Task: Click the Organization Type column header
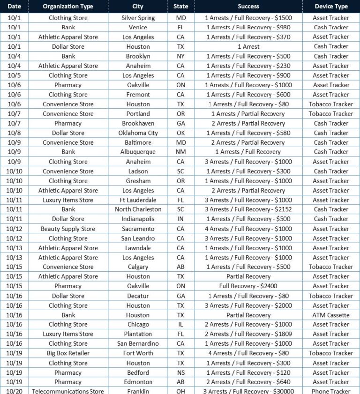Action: pyautogui.click(x=68, y=7)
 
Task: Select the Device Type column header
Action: pyautogui.click(x=331, y=7)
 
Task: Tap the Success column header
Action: pyautogui.click(x=248, y=7)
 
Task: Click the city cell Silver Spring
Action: pyautogui.click(x=138, y=18)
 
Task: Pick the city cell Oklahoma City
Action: pyautogui.click(x=138, y=133)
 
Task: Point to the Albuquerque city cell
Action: pyautogui.click(x=138, y=152)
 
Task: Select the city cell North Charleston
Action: pyautogui.click(x=138, y=209)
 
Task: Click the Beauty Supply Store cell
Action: pyautogui.click(x=68, y=229)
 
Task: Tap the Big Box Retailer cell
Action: pyautogui.click(x=68, y=353)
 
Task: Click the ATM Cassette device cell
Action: pyautogui.click(x=331, y=315)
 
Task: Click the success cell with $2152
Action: pyautogui.click(x=248, y=209)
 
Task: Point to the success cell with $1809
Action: pyautogui.click(x=248, y=334)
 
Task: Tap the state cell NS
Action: pyautogui.click(x=180, y=372)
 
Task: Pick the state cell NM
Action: pyautogui.click(x=180, y=152)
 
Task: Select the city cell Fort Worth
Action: pyautogui.click(x=138, y=353)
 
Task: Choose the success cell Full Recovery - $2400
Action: pyautogui.click(x=248, y=286)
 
